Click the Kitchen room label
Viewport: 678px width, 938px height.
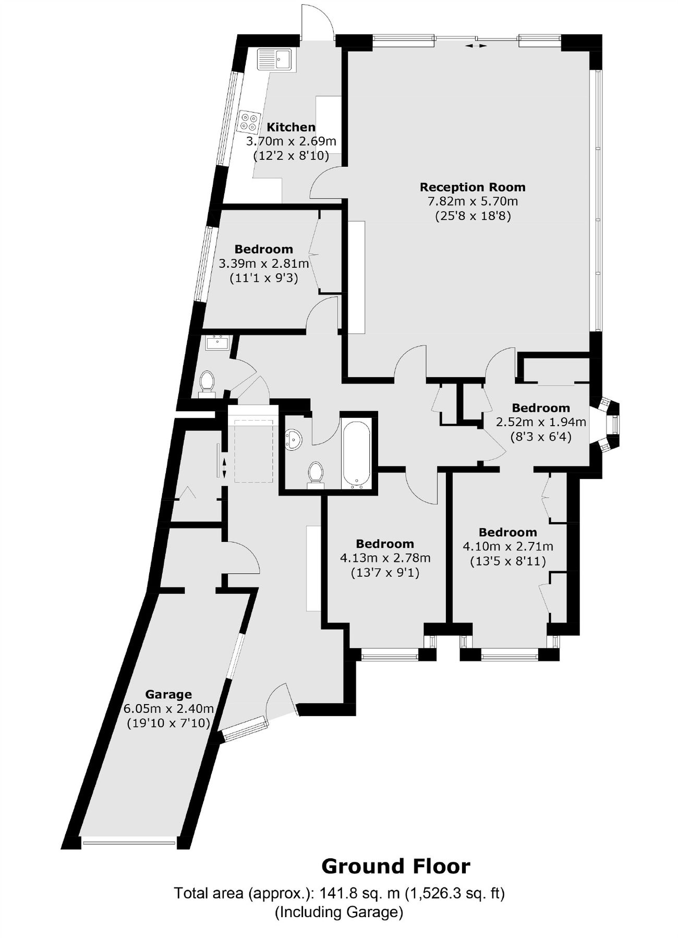click(291, 127)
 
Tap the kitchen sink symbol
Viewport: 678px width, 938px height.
click(276, 59)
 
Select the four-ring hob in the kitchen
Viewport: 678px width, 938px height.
click(249, 121)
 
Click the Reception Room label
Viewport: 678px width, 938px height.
click(473, 187)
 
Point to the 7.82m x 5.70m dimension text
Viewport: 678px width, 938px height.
click(473, 201)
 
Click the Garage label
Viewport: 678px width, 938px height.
click(168, 694)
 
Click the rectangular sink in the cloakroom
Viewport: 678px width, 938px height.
click(217, 344)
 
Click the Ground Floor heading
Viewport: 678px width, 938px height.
click(395, 866)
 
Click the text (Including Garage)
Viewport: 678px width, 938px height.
click(339, 912)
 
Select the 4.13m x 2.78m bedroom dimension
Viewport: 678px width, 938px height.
click(385, 558)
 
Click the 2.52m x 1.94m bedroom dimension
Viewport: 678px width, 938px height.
click(540, 422)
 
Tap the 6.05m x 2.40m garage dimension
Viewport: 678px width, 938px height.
click(168, 709)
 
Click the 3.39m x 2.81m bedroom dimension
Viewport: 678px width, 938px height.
click(264, 264)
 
